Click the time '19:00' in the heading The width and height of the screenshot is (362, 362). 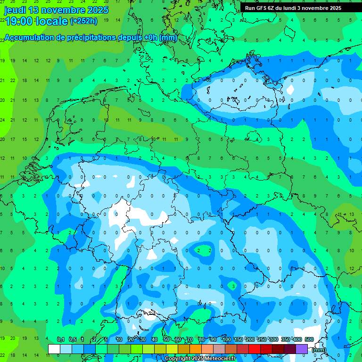(18, 21)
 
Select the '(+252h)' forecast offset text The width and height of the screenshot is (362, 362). (83, 21)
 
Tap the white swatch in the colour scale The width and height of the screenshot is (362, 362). (54, 349)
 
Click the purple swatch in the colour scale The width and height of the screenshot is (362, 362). (302, 349)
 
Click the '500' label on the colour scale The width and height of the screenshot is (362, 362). (309, 339)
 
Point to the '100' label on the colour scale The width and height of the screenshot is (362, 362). (227, 339)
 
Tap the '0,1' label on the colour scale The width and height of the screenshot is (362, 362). (61, 339)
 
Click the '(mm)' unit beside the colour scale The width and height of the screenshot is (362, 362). (320, 350)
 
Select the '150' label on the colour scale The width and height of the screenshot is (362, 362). (239, 339)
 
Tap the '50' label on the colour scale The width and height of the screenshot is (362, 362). (166, 339)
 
